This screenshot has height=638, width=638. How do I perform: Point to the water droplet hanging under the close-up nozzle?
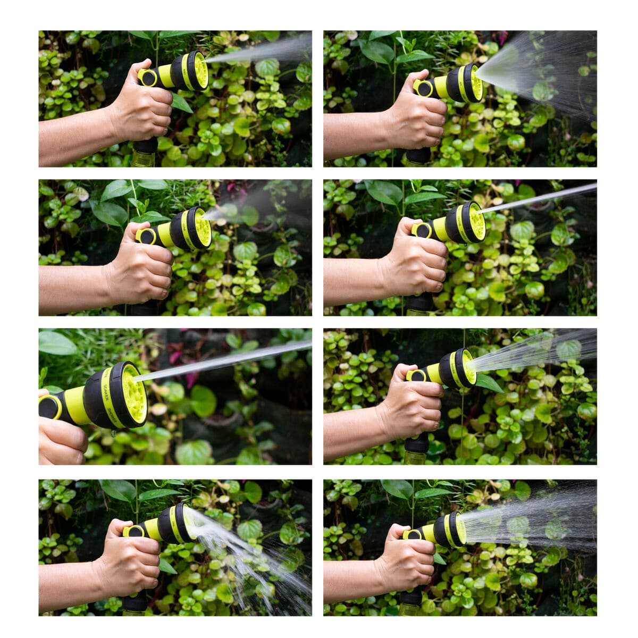coord(113,434)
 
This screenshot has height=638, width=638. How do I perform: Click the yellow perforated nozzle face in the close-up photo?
coord(134,394)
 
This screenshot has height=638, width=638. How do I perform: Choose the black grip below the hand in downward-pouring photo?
coord(135,601)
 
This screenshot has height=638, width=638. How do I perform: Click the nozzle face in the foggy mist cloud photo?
coord(203,227)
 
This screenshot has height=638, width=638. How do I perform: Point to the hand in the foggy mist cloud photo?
coord(141,268)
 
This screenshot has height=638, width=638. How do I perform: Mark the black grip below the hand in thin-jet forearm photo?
coord(419,302)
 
